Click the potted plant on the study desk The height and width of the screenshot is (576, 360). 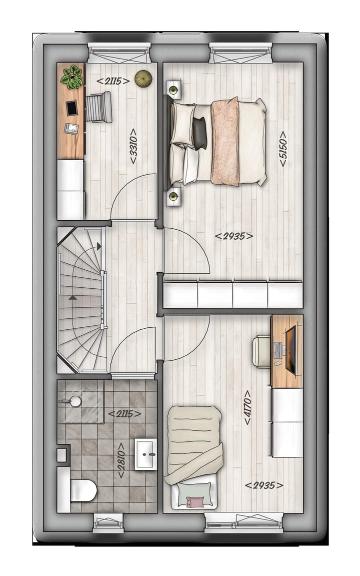(72, 77)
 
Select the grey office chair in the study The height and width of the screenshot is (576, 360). (98, 107)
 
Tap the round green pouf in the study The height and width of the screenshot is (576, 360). (143, 78)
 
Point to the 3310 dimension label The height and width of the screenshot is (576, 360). (133, 146)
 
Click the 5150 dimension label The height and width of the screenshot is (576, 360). (283, 149)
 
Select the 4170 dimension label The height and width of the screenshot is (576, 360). (247, 407)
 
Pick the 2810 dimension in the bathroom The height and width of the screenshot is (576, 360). (120, 460)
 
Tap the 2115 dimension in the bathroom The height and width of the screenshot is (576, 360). (124, 413)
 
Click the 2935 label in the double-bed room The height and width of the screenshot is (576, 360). (234, 236)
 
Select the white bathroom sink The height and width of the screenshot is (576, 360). (146, 454)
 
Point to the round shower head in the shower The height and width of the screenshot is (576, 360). (74, 401)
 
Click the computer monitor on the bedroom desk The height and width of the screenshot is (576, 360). (291, 349)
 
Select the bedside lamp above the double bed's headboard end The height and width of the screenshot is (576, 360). (173, 90)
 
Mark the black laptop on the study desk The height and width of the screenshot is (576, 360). (72, 108)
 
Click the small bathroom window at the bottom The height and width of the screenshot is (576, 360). (108, 522)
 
